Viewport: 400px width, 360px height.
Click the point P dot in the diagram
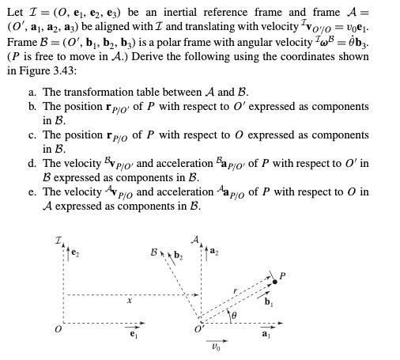coord(274,281)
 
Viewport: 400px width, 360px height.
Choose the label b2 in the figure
coord(178,232)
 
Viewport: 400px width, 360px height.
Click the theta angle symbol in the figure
coord(232,316)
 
